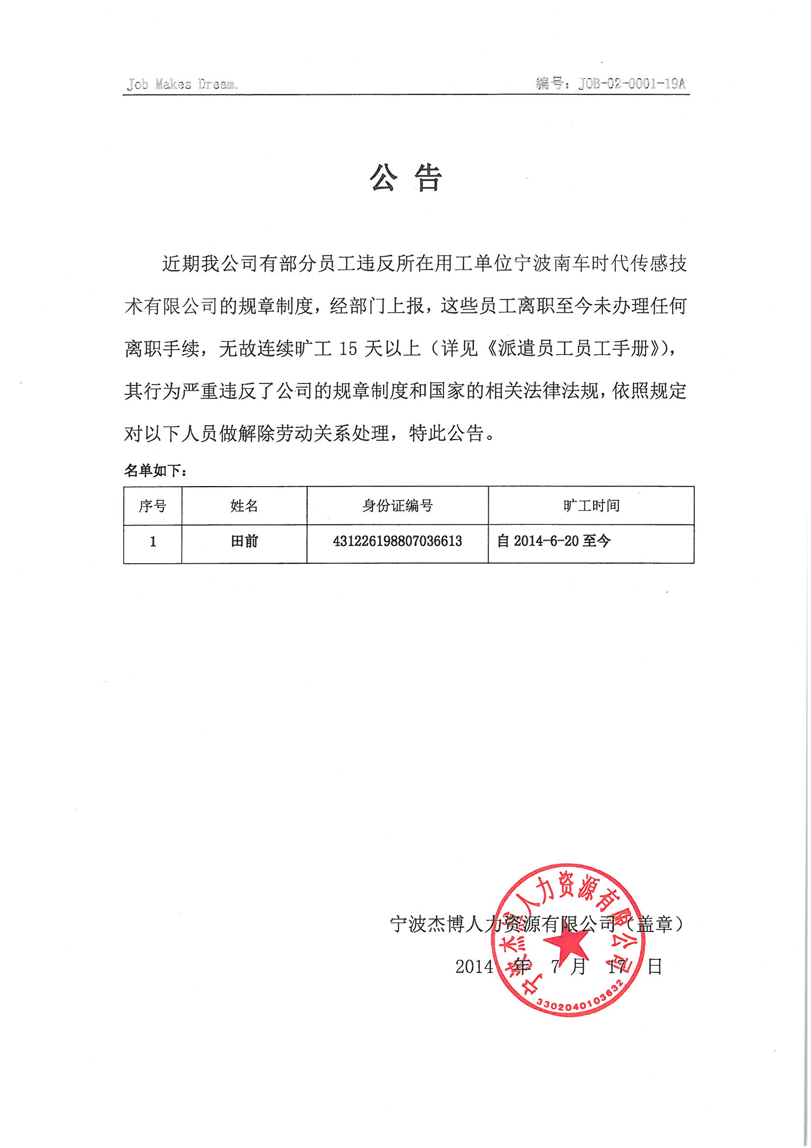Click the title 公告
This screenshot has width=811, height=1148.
click(x=406, y=179)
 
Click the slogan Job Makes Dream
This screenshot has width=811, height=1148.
click(x=182, y=84)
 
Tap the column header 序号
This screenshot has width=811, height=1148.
click(x=153, y=506)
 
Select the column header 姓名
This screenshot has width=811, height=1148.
click(x=244, y=506)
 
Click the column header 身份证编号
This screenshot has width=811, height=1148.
click(x=397, y=506)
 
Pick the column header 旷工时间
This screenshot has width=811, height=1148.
click(x=591, y=506)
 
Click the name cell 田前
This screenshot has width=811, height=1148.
click(x=244, y=542)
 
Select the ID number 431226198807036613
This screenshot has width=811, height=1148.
click(x=397, y=542)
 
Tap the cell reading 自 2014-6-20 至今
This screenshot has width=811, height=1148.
click(x=553, y=541)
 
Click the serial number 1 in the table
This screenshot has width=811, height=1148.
click(x=153, y=542)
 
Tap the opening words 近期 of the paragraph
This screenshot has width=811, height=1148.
click(x=181, y=264)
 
